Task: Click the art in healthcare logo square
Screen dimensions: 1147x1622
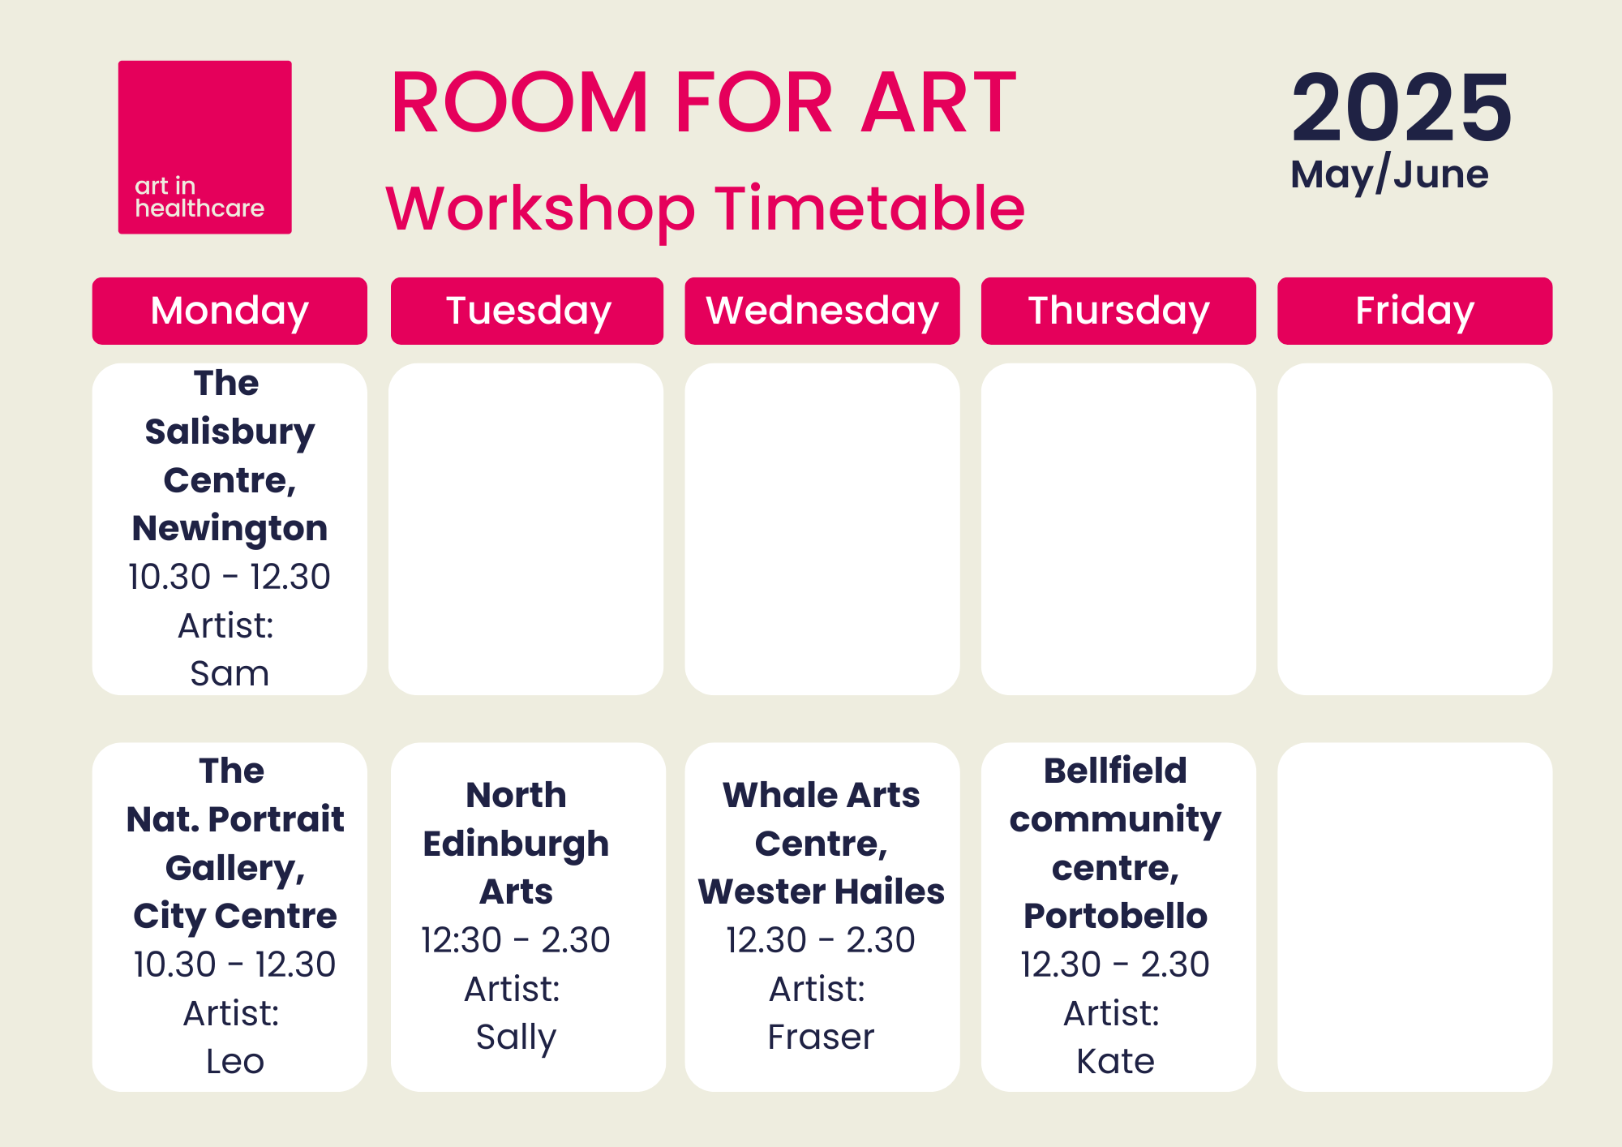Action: coord(204,147)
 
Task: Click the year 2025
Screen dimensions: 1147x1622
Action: coord(1401,108)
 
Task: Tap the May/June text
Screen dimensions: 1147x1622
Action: coord(1389,174)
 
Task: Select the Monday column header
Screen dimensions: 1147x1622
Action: coord(230,311)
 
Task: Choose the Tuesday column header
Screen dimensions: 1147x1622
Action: coord(527,311)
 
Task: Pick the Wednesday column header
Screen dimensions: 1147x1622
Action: coord(822,311)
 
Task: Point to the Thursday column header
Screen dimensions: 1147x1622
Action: coord(1118,311)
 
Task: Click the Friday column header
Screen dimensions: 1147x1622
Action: coord(1414,311)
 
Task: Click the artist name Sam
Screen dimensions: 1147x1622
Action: coord(230,673)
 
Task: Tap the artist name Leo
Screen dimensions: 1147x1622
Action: coord(234,1061)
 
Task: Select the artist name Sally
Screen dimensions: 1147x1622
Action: coord(516,1037)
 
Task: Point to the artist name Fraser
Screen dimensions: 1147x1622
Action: coord(821,1037)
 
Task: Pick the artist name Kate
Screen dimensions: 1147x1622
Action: coord(1115,1061)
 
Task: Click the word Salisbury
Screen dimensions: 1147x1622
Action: coord(230,432)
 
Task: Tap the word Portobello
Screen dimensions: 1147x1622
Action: coord(1115,916)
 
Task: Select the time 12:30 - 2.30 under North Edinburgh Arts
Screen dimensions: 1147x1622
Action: coord(516,940)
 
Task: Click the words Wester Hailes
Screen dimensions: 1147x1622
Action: coord(822,891)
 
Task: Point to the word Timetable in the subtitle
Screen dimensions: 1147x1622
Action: coord(869,208)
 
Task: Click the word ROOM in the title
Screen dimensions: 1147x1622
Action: coord(520,103)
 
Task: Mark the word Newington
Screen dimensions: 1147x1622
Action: coord(230,528)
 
